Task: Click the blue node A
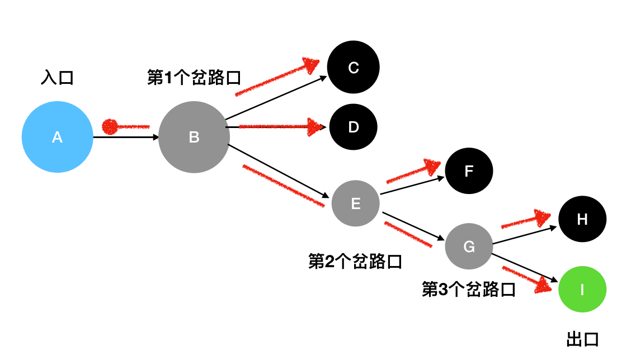[x=57, y=137]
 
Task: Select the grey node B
[x=194, y=137]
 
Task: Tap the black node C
[x=353, y=68]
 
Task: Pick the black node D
[x=353, y=127]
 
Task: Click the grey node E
[x=355, y=203]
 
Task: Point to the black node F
[x=469, y=171]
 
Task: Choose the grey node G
[x=469, y=247]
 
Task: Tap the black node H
[x=582, y=219]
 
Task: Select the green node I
[x=582, y=290]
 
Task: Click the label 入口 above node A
[x=57, y=77]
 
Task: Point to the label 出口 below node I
[x=582, y=339]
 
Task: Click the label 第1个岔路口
[x=194, y=78]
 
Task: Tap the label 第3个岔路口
[x=468, y=289]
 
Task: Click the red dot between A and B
[x=110, y=126]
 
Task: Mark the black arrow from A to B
[x=126, y=136]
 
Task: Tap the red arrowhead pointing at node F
[x=433, y=166]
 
